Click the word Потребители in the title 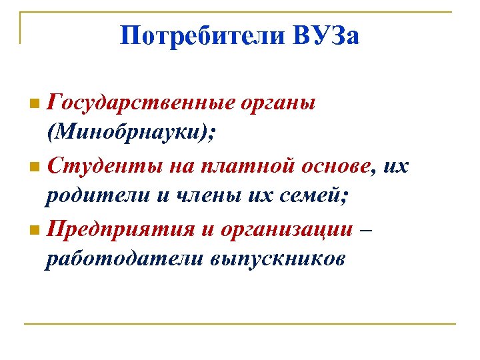point(203,35)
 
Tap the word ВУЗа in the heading point(326,35)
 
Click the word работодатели point(117,258)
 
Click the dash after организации point(367,229)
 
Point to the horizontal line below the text point(240,324)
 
